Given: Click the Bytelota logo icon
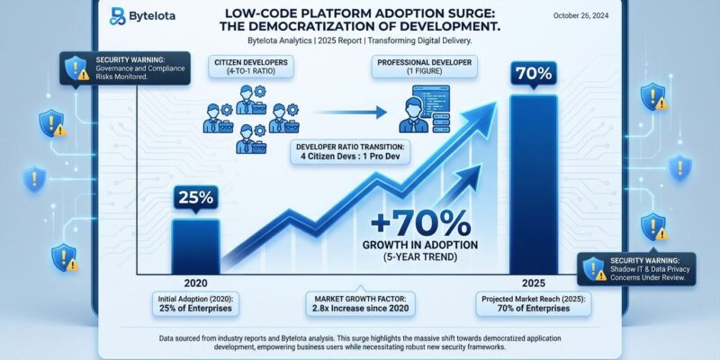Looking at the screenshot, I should click(117, 14).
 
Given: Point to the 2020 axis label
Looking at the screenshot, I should click(194, 282).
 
